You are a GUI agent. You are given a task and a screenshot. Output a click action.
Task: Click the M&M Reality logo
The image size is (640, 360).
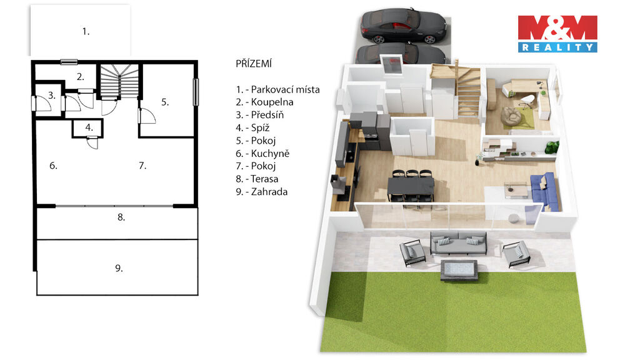(x=557, y=34)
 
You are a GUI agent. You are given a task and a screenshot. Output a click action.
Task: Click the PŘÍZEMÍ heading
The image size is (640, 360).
(x=254, y=64)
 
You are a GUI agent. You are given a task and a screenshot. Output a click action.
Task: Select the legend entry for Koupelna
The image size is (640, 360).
(x=264, y=102)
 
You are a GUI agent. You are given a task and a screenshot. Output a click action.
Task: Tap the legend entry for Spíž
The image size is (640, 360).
(x=252, y=127)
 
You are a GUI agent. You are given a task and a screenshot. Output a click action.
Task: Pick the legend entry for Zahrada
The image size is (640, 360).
(x=262, y=191)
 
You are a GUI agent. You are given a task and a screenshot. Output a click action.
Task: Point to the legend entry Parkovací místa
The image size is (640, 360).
(x=277, y=89)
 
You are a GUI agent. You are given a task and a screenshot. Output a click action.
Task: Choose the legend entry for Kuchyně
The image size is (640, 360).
(x=262, y=154)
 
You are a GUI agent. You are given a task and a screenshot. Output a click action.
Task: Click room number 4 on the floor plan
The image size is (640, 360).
(x=89, y=127)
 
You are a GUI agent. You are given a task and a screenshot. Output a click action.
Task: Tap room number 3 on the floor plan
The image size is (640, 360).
(x=51, y=96)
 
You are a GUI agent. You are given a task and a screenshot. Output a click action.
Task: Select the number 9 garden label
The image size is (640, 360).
(x=119, y=268)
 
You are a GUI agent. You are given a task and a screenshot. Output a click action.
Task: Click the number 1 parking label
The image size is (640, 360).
(x=86, y=31)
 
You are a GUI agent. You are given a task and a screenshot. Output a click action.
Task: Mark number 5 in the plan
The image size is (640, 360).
(x=165, y=102)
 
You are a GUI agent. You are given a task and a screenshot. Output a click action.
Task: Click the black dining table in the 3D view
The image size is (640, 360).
(x=411, y=186)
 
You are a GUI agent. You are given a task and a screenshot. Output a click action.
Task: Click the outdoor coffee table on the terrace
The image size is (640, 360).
(x=459, y=270)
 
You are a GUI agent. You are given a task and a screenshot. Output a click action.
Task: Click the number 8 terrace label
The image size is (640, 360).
(x=121, y=217)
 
